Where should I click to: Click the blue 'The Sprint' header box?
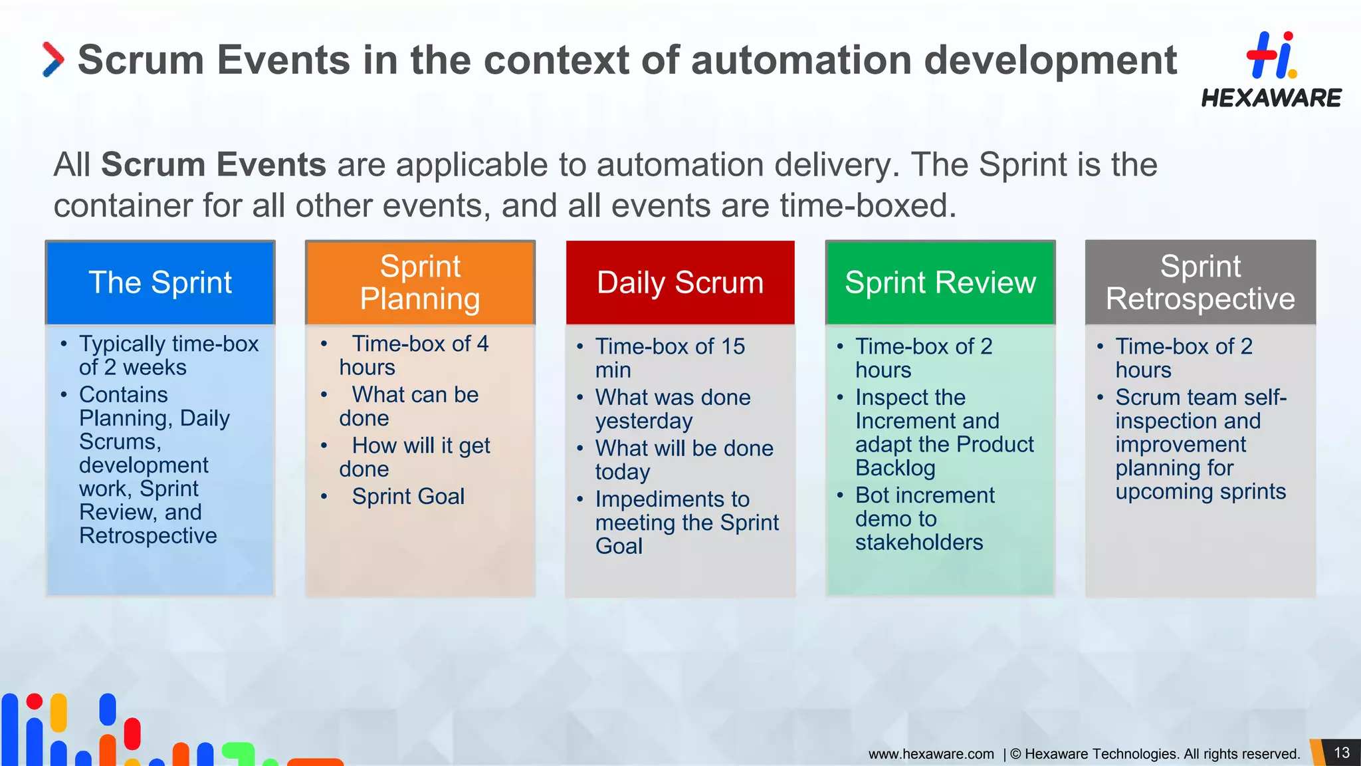[x=160, y=283]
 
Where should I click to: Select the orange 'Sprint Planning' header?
[x=420, y=283]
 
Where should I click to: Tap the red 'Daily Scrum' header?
[x=680, y=283]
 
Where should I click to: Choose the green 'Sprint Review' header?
[x=940, y=283]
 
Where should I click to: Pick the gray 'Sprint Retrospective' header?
[x=1200, y=283]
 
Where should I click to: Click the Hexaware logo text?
[x=1271, y=98]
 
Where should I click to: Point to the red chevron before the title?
[x=53, y=59]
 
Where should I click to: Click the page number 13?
[x=1342, y=753]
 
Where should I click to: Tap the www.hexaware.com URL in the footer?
[x=930, y=754]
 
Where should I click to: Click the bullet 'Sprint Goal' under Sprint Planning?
[x=408, y=497]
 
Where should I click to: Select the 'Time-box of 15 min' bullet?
[x=669, y=358]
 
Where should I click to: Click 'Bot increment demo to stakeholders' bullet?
[x=924, y=519]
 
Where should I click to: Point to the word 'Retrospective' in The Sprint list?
[x=148, y=536]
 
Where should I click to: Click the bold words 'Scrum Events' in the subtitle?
[x=213, y=165]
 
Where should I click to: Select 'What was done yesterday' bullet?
[x=672, y=409]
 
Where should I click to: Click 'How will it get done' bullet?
[x=420, y=457]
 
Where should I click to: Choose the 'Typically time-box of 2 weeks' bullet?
[x=168, y=355]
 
